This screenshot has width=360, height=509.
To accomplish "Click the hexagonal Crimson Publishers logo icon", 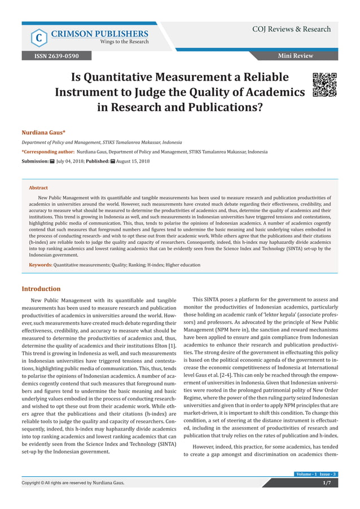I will point(38,37).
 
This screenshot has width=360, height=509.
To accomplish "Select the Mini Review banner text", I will point(295,56).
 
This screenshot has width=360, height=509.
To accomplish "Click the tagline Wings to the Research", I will point(124,42).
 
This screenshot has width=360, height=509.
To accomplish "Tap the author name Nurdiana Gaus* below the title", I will point(43,131).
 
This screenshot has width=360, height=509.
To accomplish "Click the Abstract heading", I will point(38,187).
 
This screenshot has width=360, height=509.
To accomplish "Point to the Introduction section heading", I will point(41,288).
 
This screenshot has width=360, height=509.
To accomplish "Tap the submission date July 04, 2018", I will point(69,161).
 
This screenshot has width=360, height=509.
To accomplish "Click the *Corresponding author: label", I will point(48,152).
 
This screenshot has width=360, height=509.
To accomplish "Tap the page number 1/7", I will point(326,482).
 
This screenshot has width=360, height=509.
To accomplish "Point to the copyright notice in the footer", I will point(73,482).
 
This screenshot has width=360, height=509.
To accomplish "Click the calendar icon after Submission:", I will point(52,161).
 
